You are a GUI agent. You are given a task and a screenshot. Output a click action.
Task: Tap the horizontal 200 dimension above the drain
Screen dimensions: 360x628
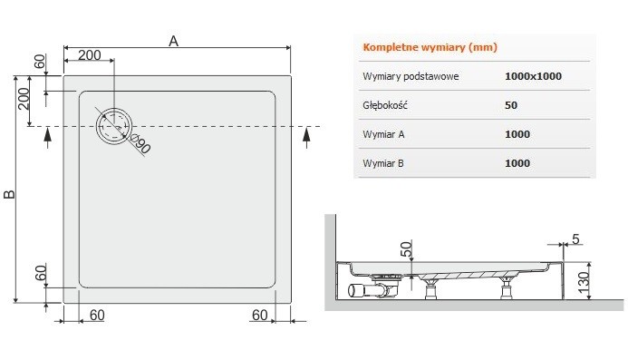coord(89,54)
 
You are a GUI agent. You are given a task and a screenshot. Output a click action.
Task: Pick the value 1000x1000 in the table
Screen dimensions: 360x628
coord(533,76)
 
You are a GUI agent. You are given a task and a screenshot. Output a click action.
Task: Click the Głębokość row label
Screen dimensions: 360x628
coord(384,105)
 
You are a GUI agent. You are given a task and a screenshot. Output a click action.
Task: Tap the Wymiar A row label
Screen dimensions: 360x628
coord(384,134)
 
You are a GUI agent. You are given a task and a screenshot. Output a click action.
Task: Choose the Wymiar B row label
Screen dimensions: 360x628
coord(384,163)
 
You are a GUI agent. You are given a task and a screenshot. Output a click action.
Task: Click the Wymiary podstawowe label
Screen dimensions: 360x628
coord(411,76)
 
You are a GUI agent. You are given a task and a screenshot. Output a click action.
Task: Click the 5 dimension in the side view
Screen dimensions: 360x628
coord(575,240)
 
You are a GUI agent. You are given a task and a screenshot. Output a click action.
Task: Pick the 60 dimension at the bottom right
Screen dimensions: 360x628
coord(259,315)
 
